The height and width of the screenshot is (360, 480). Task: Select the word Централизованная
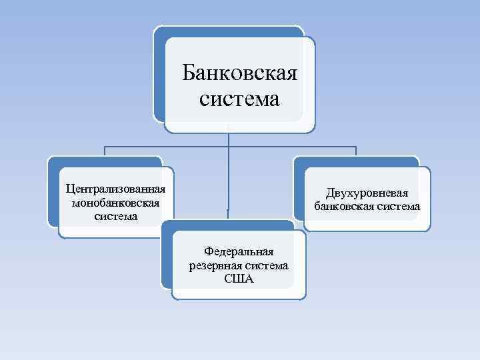coord(111,188)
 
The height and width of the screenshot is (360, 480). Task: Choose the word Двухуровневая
coord(367,193)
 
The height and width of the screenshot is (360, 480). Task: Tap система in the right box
coord(398,207)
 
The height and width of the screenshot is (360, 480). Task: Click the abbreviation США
coord(239,279)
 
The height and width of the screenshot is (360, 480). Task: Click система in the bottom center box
coord(268,265)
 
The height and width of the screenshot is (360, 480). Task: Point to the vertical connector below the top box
coord(229,137)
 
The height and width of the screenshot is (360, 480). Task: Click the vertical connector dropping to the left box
coord(104,152)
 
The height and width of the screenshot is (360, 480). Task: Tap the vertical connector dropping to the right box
coord(356,152)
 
